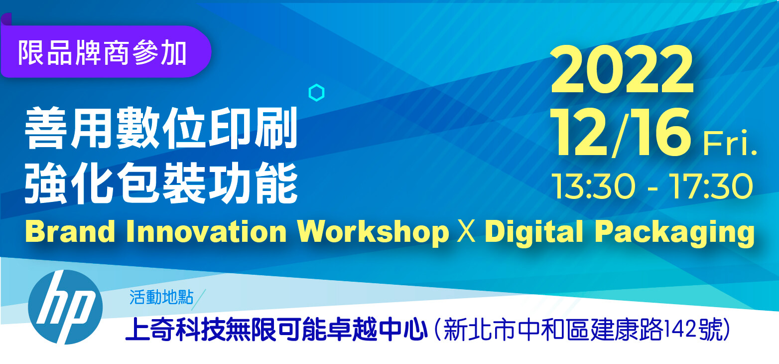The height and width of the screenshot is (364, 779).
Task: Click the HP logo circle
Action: pyautogui.click(x=65, y=307)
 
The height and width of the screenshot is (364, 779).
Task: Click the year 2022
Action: pyautogui.click(x=622, y=70)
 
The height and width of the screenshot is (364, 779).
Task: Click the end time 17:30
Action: pyautogui.click(x=711, y=186)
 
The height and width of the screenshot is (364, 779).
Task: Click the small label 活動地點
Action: pyautogui.click(x=161, y=298)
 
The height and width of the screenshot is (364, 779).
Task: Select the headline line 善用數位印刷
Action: pyautogui.click(x=161, y=128)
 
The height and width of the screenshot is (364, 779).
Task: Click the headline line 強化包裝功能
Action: pyautogui.click(x=161, y=183)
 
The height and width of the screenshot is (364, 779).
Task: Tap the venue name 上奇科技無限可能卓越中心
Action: pyautogui.click(x=276, y=330)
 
